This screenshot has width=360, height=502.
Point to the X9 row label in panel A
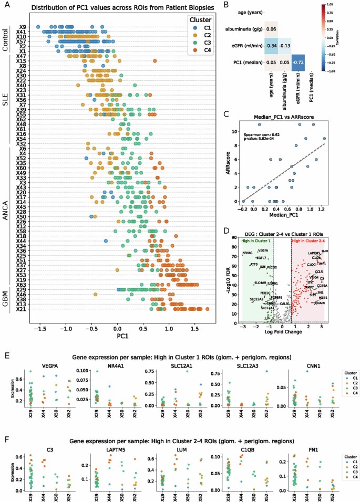(23, 27)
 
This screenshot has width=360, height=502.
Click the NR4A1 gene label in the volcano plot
(247, 253)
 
